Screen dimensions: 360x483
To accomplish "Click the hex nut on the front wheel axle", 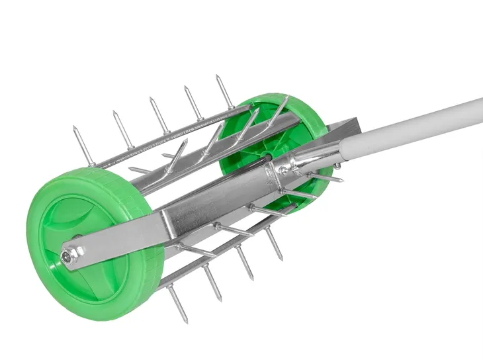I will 71,255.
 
